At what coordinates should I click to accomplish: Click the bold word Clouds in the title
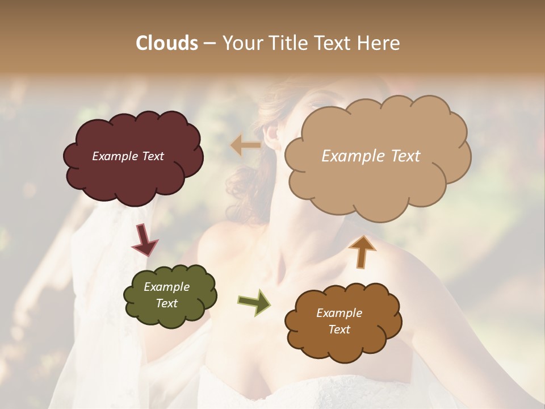pyautogui.click(x=166, y=43)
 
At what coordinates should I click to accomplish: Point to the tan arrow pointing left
pyautogui.click(x=246, y=145)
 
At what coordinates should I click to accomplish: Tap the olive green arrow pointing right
pyautogui.click(x=254, y=302)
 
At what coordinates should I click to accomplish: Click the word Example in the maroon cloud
pyautogui.click(x=113, y=156)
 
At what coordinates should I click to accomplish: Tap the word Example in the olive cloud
pyautogui.click(x=166, y=287)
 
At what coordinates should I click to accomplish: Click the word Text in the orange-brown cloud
pyautogui.click(x=339, y=329)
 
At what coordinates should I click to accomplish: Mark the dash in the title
pyautogui.click(x=209, y=43)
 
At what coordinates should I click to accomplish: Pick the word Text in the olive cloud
pyautogui.click(x=166, y=303)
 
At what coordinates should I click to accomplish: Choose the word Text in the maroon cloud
pyautogui.click(x=152, y=156)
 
